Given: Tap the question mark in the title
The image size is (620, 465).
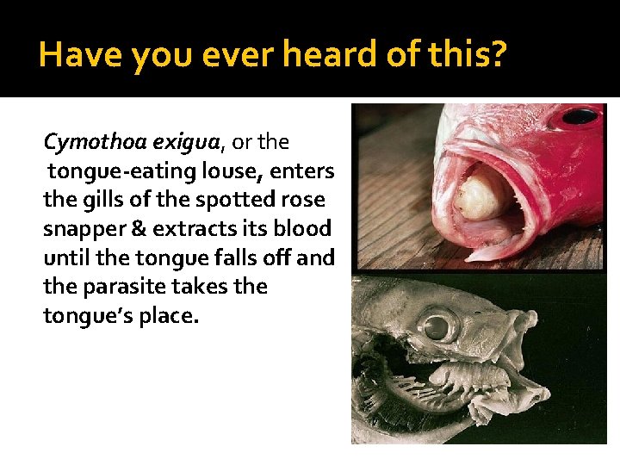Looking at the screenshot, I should [499, 55].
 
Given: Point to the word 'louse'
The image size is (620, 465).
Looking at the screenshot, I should [241, 170].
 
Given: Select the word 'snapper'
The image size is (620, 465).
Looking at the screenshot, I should [84, 228].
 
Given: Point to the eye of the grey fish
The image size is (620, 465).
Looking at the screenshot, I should [438, 326].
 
